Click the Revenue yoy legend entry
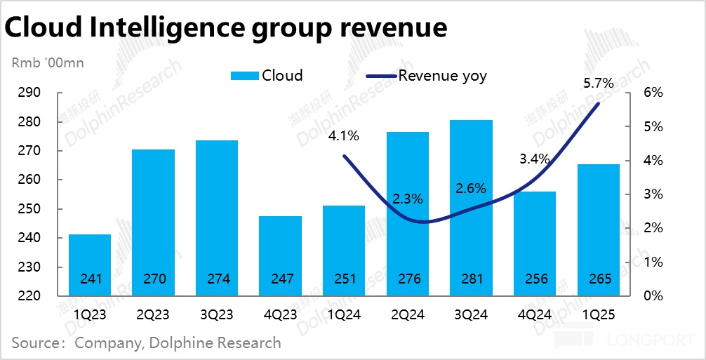pyautogui.click(x=426, y=76)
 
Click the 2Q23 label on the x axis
pyautogui.click(x=154, y=315)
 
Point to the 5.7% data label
pyautogui.click(x=599, y=84)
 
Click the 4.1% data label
pyautogui.click(x=344, y=136)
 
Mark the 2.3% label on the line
pyautogui.click(x=408, y=199)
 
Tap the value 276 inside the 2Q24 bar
pyautogui.click(x=408, y=279)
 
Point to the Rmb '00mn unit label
pyautogui.click(x=48, y=63)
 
